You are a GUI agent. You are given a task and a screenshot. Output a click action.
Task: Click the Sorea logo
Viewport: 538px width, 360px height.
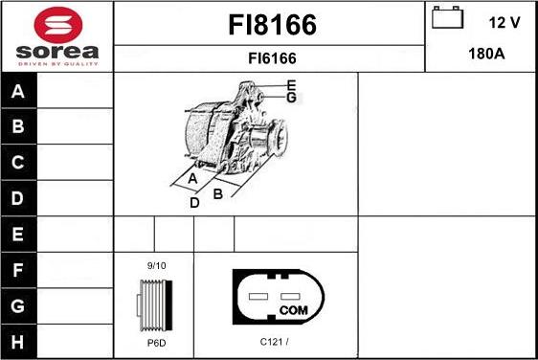click(x=57, y=36)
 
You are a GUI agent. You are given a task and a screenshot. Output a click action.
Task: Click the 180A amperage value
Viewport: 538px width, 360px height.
click(x=485, y=54)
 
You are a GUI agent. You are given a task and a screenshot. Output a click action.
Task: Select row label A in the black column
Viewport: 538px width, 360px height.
click(x=18, y=92)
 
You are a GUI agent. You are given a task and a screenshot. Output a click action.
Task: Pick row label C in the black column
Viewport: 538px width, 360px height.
click(x=18, y=164)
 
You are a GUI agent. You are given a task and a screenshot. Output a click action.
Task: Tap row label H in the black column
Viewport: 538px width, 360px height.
click(x=18, y=341)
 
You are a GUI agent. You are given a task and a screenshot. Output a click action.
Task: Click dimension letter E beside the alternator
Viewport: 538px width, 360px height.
click(x=291, y=86)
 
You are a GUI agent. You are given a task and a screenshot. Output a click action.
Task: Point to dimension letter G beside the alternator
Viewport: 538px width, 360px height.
click(x=291, y=98)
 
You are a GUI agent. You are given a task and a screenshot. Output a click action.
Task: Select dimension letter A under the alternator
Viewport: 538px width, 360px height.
click(x=192, y=179)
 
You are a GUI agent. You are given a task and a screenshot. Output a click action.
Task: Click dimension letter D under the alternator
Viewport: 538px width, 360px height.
click(x=194, y=202)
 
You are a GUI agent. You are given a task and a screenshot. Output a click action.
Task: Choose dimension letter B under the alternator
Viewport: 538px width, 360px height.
click(x=218, y=193)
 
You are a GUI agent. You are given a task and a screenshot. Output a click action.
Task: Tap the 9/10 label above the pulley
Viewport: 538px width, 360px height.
click(x=156, y=265)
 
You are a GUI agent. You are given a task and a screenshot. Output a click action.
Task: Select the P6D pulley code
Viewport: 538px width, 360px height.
click(x=155, y=342)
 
